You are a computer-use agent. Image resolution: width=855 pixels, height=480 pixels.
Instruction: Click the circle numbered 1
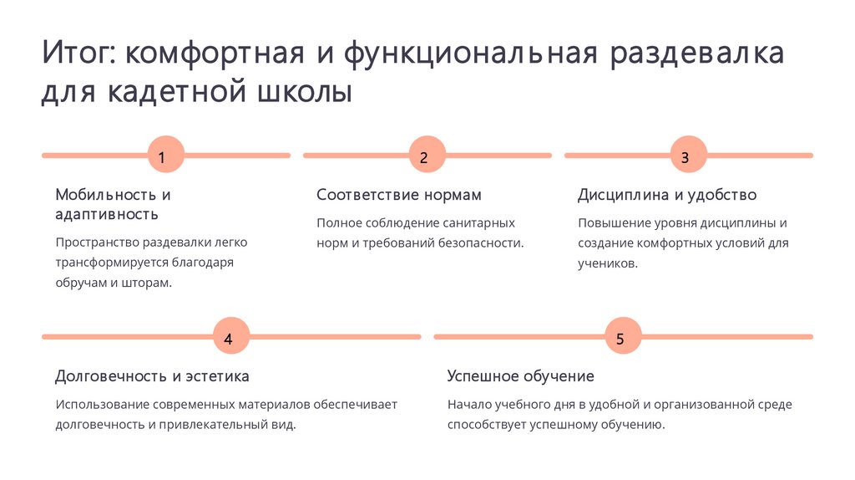pos(165,156)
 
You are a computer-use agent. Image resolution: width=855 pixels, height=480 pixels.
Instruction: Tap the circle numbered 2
pos(427,156)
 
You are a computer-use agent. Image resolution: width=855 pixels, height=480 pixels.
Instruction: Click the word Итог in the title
pos(78,55)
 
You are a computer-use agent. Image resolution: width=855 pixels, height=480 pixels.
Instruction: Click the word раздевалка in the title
pos(698,55)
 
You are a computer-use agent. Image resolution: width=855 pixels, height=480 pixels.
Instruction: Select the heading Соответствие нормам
pos(399,195)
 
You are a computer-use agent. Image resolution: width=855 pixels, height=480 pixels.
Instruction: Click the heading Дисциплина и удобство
pos(667,195)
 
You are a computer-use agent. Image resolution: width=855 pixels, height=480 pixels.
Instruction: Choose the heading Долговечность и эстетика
pos(152,376)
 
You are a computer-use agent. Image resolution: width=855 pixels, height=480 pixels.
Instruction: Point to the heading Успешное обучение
pos(520,376)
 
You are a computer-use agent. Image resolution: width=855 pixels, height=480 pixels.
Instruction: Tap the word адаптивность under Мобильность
pos(107,215)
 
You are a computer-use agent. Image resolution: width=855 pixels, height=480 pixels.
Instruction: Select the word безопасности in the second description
pos(480,243)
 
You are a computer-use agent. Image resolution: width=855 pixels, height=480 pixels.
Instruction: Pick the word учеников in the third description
pos(607,263)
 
